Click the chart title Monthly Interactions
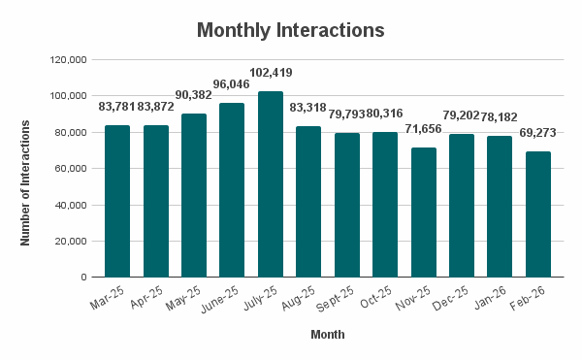click(291, 30)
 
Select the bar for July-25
click(271, 184)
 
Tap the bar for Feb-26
click(538, 214)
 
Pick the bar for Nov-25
click(424, 213)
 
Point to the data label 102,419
click(271, 73)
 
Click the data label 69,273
click(538, 133)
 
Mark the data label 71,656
click(424, 128)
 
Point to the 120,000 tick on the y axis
click(69, 60)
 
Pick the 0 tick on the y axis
click(84, 278)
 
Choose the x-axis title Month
click(327, 335)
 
